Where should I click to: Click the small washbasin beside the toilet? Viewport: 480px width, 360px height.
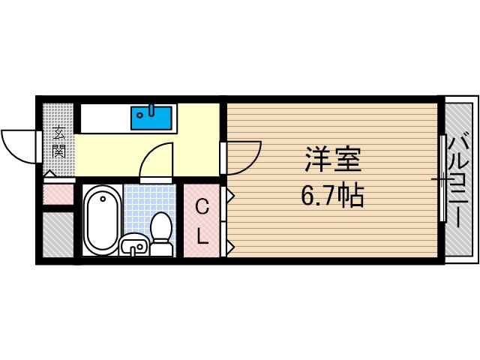coord(133,244)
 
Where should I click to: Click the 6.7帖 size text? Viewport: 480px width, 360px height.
coord(333,196)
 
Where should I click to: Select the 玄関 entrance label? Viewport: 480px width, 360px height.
coord(58,142)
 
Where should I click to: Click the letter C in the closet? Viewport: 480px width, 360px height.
coord(202,207)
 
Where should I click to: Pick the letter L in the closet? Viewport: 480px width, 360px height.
coord(202,235)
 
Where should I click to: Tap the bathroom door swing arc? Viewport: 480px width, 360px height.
coord(157,159)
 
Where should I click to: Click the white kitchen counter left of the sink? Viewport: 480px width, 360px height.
coord(106,117)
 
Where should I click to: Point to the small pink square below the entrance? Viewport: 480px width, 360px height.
coord(58,193)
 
